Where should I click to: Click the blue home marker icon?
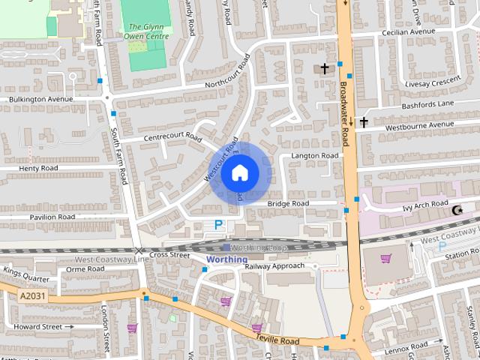tap(239, 173)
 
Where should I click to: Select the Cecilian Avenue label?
tap(409, 32)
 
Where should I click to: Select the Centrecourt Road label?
tap(172, 138)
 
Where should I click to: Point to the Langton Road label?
tap(315, 155)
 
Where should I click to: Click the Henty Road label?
tap(39, 168)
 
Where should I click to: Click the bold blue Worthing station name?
tap(226, 259)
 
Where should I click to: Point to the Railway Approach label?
tap(274, 265)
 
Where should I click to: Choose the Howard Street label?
tap(42, 327)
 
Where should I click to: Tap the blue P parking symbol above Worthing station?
tap(218, 224)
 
